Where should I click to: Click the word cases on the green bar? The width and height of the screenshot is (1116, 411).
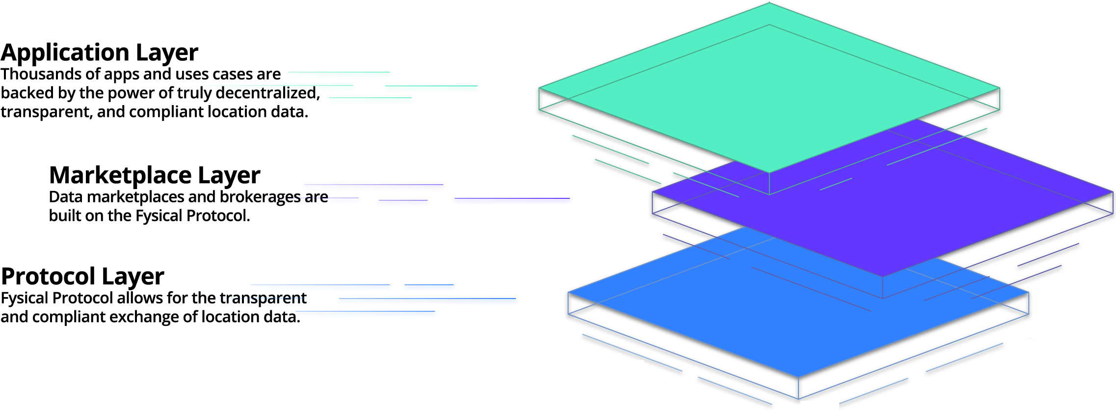(x=233, y=75)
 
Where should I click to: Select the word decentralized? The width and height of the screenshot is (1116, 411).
(x=267, y=93)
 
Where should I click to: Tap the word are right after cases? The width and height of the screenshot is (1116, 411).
(x=269, y=75)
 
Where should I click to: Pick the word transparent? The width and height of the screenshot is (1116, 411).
(x=263, y=298)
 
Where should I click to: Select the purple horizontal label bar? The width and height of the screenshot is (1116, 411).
(x=442, y=194)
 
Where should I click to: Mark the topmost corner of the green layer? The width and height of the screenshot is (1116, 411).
(x=769, y=3)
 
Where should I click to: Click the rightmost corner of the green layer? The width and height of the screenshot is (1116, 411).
(x=999, y=88)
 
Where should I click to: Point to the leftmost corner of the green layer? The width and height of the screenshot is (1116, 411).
(x=539, y=88)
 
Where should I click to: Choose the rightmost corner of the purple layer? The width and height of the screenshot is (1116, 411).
(x=1112, y=192)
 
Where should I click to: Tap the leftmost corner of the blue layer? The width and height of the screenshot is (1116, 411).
(x=568, y=293)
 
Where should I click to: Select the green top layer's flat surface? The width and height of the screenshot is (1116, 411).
(x=769, y=88)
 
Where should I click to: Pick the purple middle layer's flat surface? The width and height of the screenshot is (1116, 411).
(x=932, y=206)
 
